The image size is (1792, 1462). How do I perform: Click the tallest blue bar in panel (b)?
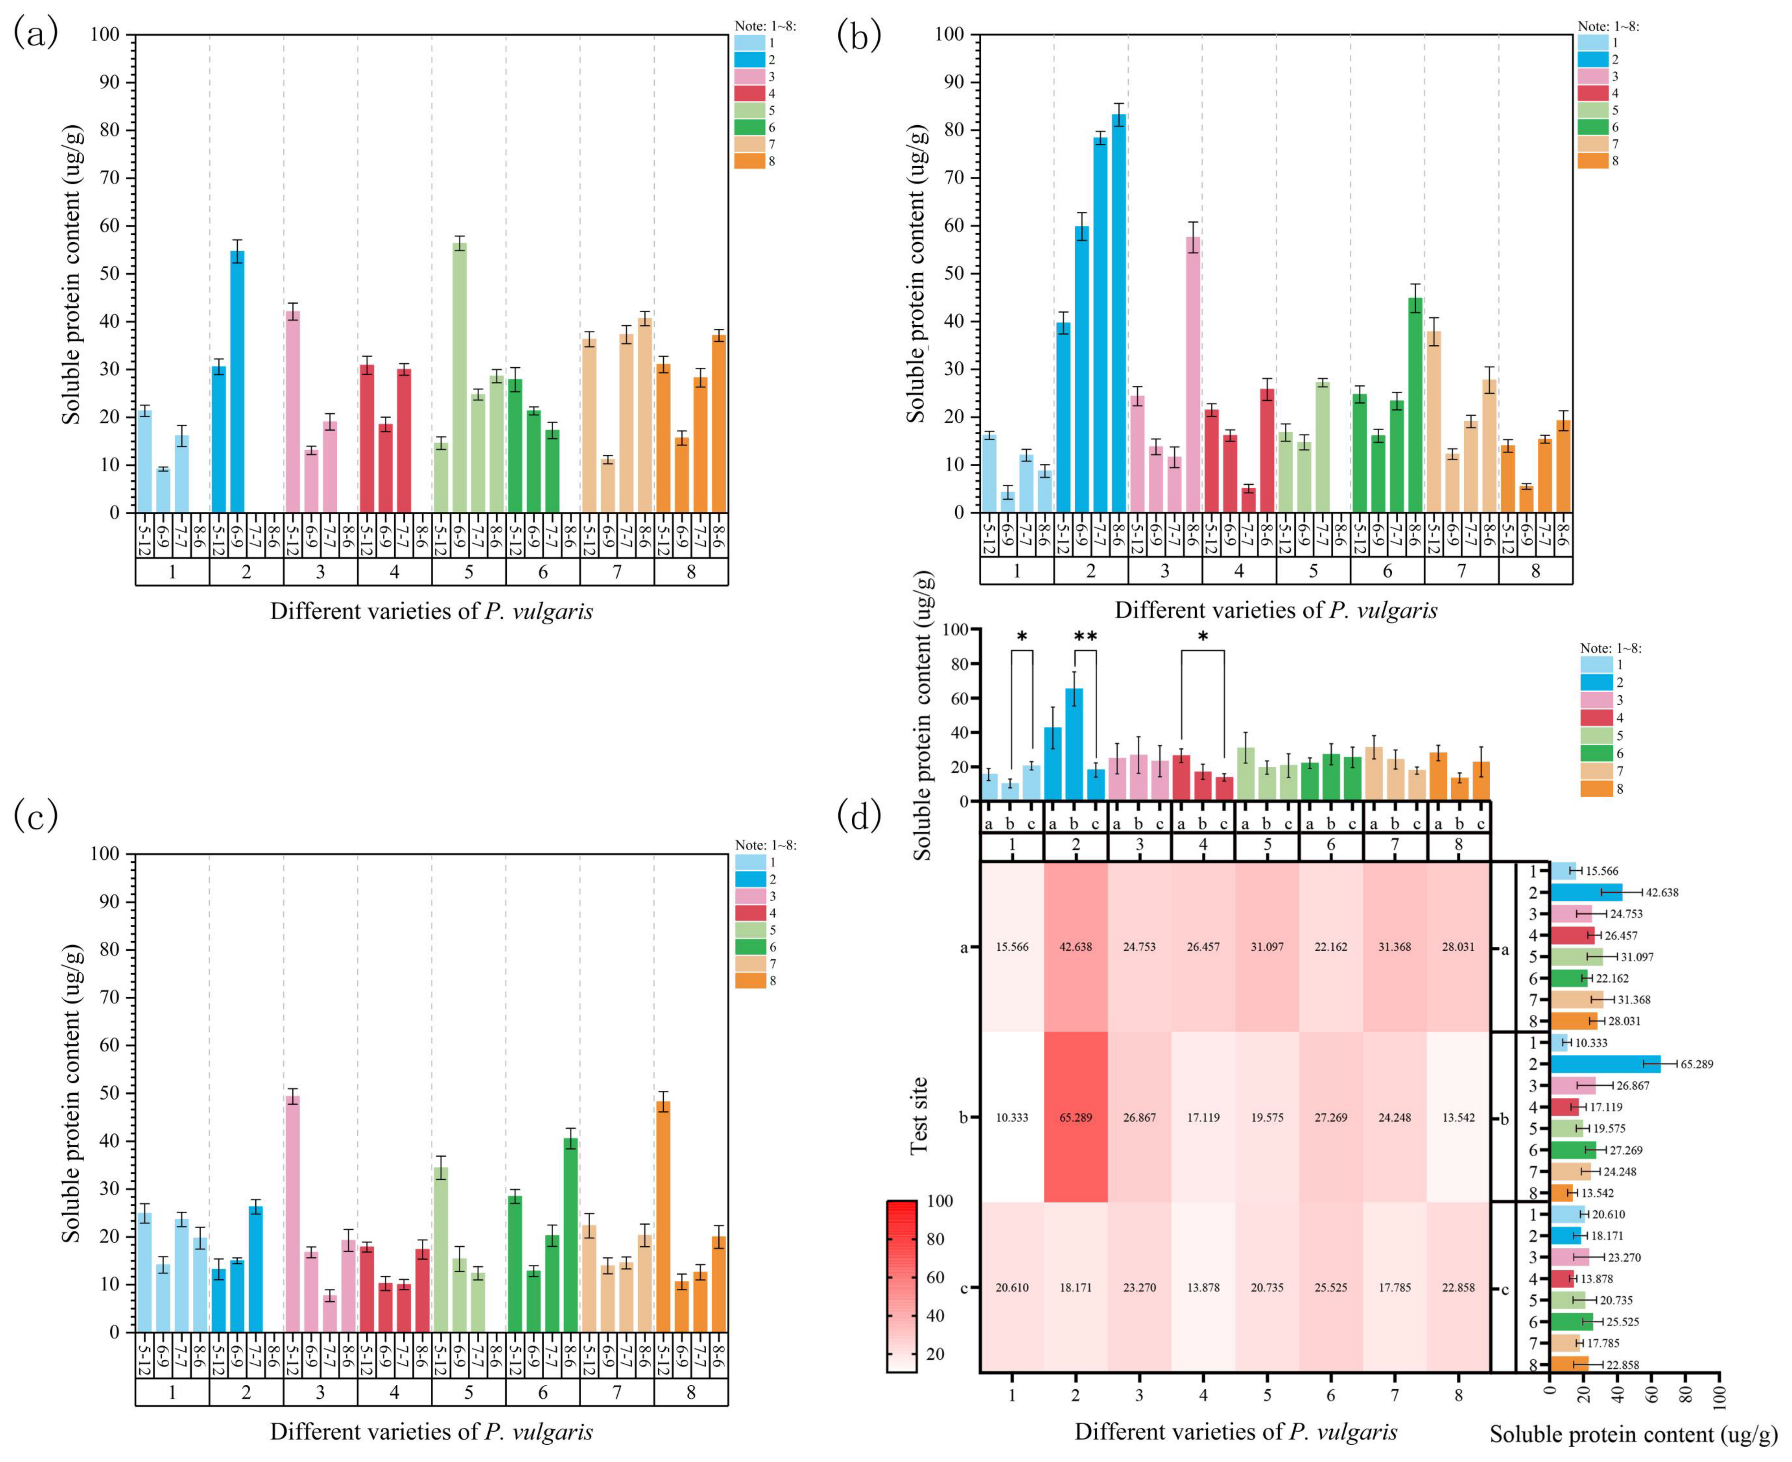click(x=1118, y=313)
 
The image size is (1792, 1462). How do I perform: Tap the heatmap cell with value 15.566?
click(x=1012, y=947)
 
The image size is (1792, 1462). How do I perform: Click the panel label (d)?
click(x=859, y=815)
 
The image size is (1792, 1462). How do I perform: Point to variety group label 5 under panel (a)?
click(x=469, y=573)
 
